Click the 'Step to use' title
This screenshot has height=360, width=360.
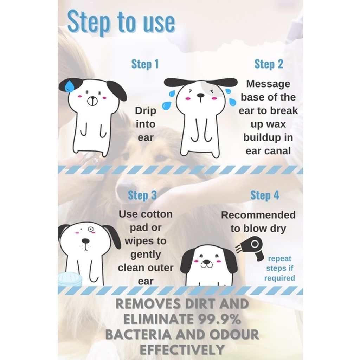[x=121, y=22]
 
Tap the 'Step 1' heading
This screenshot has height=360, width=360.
[x=145, y=64]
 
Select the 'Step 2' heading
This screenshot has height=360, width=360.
[x=269, y=64]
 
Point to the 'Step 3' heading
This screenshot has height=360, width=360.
[x=142, y=195]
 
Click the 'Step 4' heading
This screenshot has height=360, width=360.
[x=264, y=195]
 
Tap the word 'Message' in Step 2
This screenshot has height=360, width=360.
[x=268, y=84]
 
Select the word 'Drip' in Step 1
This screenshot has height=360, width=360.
[x=145, y=111]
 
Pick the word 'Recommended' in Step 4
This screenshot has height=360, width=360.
[x=258, y=215]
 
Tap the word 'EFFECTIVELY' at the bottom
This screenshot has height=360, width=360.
[x=182, y=349]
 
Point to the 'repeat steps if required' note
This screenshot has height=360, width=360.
[x=280, y=268]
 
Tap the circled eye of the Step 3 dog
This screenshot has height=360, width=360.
[x=90, y=229]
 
